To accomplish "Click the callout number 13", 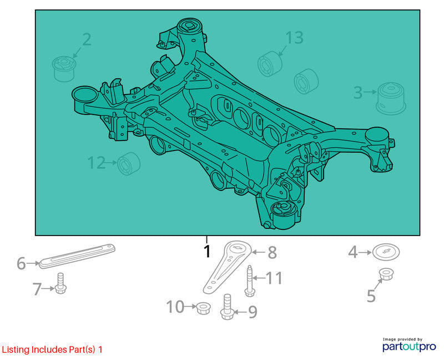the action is [294, 38].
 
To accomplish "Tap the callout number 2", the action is [87, 39].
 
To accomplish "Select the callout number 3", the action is [358, 92].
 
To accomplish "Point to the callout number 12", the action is [96, 163].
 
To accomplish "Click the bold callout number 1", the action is [207, 251].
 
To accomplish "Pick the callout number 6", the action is [21, 264].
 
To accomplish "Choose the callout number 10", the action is [175, 307].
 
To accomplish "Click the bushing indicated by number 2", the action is [64, 69].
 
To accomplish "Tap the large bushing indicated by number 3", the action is [391, 98].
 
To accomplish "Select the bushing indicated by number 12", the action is [129, 163].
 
